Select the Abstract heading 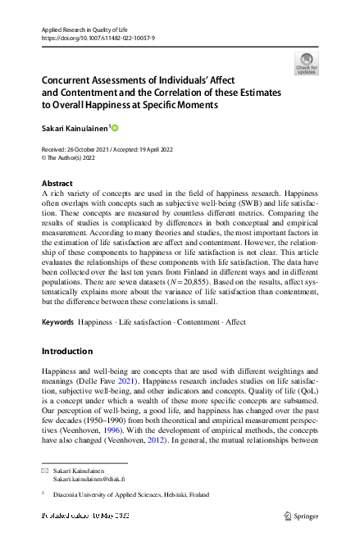(x=57, y=183)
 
